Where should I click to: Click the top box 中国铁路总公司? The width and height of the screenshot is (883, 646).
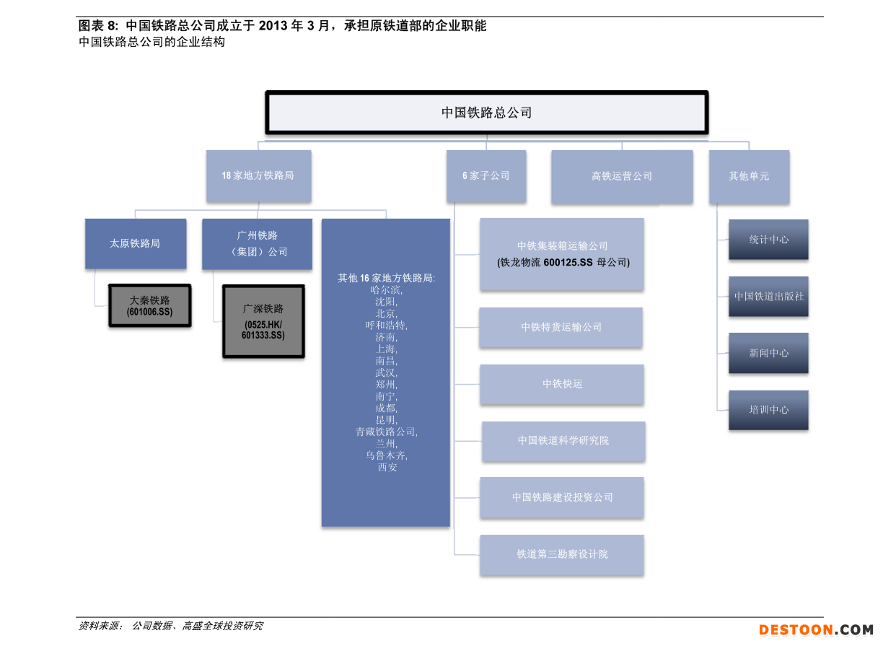(486, 113)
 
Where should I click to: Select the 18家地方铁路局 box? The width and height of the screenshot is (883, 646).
(258, 175)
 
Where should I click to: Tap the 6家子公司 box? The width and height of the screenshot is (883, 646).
(486, 175)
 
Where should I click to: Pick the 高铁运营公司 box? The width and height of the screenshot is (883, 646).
(621, 176)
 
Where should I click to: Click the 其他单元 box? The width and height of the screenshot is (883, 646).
(748, 176)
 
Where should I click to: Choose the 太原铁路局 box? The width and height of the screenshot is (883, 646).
(135, 244)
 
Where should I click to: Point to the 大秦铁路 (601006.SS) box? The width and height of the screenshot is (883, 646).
(149, 305)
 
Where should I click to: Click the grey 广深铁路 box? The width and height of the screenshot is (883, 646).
(263, 320)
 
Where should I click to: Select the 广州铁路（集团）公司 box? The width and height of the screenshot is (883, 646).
(257, 244)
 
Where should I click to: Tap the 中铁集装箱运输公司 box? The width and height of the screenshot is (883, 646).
(562, 254)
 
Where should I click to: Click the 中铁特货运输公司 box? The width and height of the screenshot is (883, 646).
(561, 327)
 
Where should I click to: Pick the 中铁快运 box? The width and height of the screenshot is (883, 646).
(562, 384)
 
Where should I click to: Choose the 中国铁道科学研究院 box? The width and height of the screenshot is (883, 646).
(563, 440)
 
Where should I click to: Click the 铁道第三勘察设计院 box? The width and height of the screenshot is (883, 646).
(562, 554)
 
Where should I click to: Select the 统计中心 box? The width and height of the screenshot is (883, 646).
(768, 240)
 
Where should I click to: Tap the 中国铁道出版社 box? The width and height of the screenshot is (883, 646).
(768, 297)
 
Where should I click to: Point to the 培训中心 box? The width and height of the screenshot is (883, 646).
(768, 410)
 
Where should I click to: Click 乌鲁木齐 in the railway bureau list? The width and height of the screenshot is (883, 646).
(386, 455)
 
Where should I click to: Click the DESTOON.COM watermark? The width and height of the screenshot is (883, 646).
(816, 630)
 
